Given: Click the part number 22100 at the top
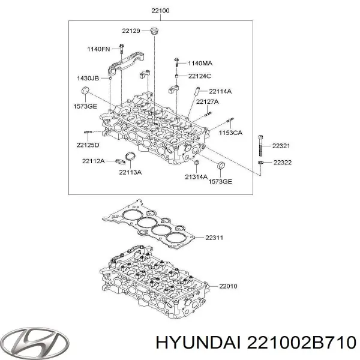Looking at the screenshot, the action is (x=160, y=11).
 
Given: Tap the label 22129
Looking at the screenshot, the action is (x=131, y=31).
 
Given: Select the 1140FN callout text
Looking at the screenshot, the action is (x=98, y=49).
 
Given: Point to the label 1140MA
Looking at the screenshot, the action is (x=200, y=63).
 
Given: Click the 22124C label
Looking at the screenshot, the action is (x=200, y=76).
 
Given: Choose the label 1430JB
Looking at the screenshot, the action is (x=88, y=78).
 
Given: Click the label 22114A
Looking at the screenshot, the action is (x=220, y=91).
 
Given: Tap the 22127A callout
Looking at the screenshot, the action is (x=208, y=102).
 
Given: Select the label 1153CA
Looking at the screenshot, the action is (x=230, y=133).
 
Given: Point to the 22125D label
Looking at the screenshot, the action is (x=88, y=145).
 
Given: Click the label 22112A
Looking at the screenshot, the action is (x=94, y=161).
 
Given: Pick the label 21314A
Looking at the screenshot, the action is (x=196, y=177).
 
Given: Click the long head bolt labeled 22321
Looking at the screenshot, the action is (x=260, y=146).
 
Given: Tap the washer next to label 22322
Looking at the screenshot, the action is (x=260, y=163).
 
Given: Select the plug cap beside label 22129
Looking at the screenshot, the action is (x=155, y=31).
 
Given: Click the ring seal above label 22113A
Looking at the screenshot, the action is (x=131, y=157).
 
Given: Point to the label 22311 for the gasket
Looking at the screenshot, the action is (x=214, y=238).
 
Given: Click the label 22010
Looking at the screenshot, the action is (x=228, y=286).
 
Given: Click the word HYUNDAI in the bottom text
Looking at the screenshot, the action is (x=199, y=343).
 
